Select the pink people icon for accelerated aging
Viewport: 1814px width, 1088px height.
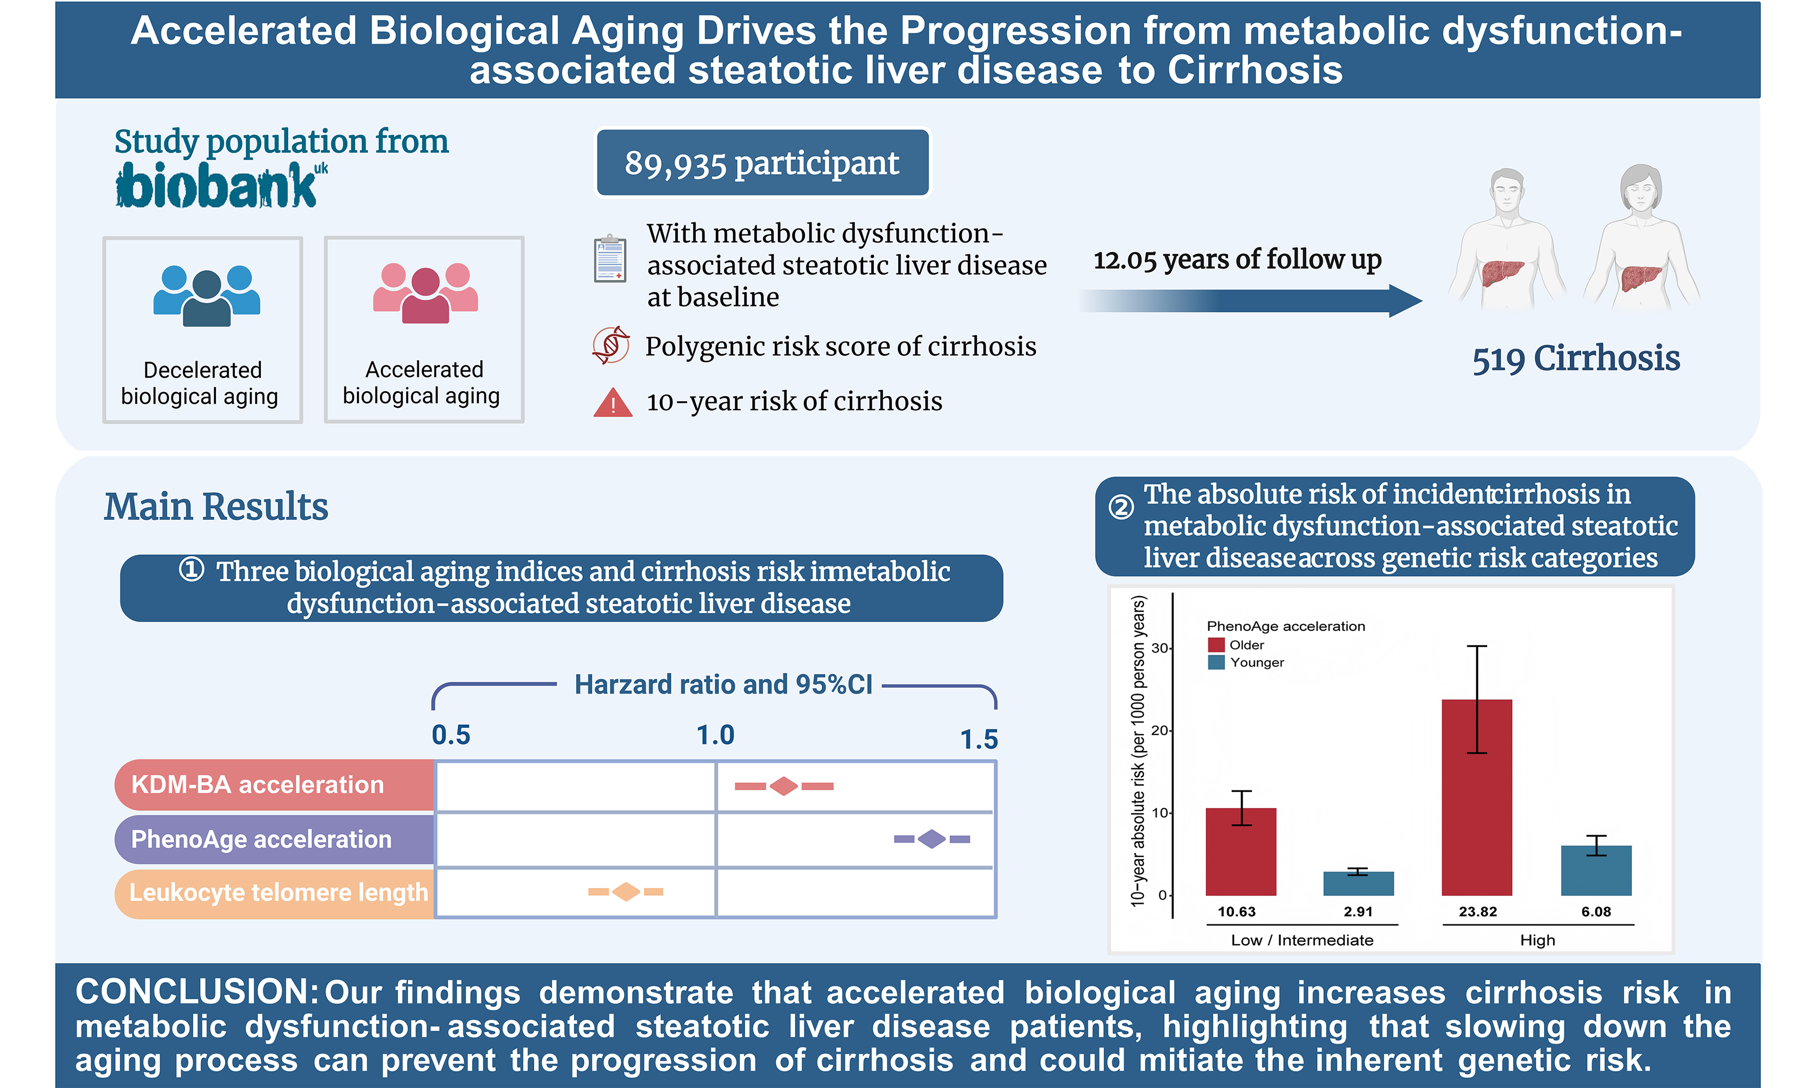point(425,293)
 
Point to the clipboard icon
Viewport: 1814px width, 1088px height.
point(610,259)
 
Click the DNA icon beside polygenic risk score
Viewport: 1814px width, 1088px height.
point(611,345)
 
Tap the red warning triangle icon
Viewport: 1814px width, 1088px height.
point(612,403)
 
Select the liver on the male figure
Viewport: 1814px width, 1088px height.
point(1502,273)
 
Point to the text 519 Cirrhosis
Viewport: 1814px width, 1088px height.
point(1575,359)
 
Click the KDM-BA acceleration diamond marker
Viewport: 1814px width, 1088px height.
point(783,787)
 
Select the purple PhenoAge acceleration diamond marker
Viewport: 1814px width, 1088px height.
point(931,839)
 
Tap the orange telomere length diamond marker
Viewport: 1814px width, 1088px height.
point(626,891)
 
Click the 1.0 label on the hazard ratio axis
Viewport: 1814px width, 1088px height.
point(715,734)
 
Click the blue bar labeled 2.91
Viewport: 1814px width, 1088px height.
point(1358,883)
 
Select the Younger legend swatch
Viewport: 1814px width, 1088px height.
point(1216,662)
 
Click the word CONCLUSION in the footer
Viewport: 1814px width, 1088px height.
point(197,992)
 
